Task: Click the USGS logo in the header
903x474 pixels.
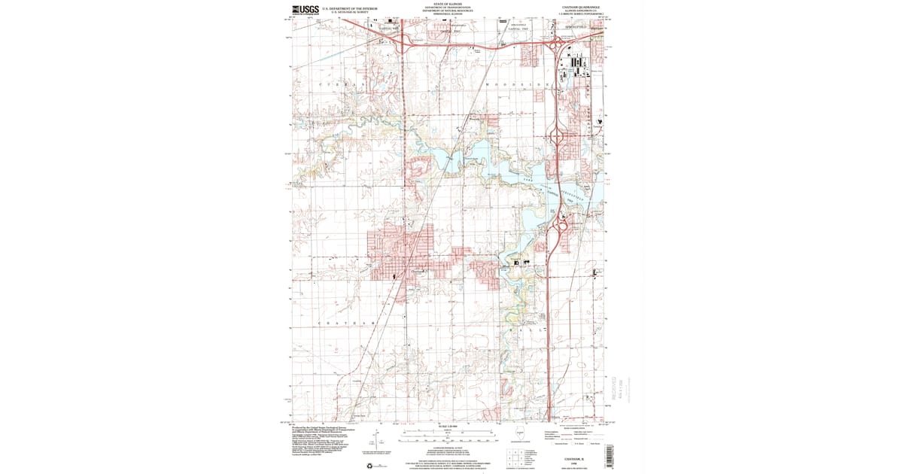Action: (x=305, y=10)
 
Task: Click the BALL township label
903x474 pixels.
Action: (x=527, y=330)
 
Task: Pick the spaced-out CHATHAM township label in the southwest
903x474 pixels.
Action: (x=346, y=324)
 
